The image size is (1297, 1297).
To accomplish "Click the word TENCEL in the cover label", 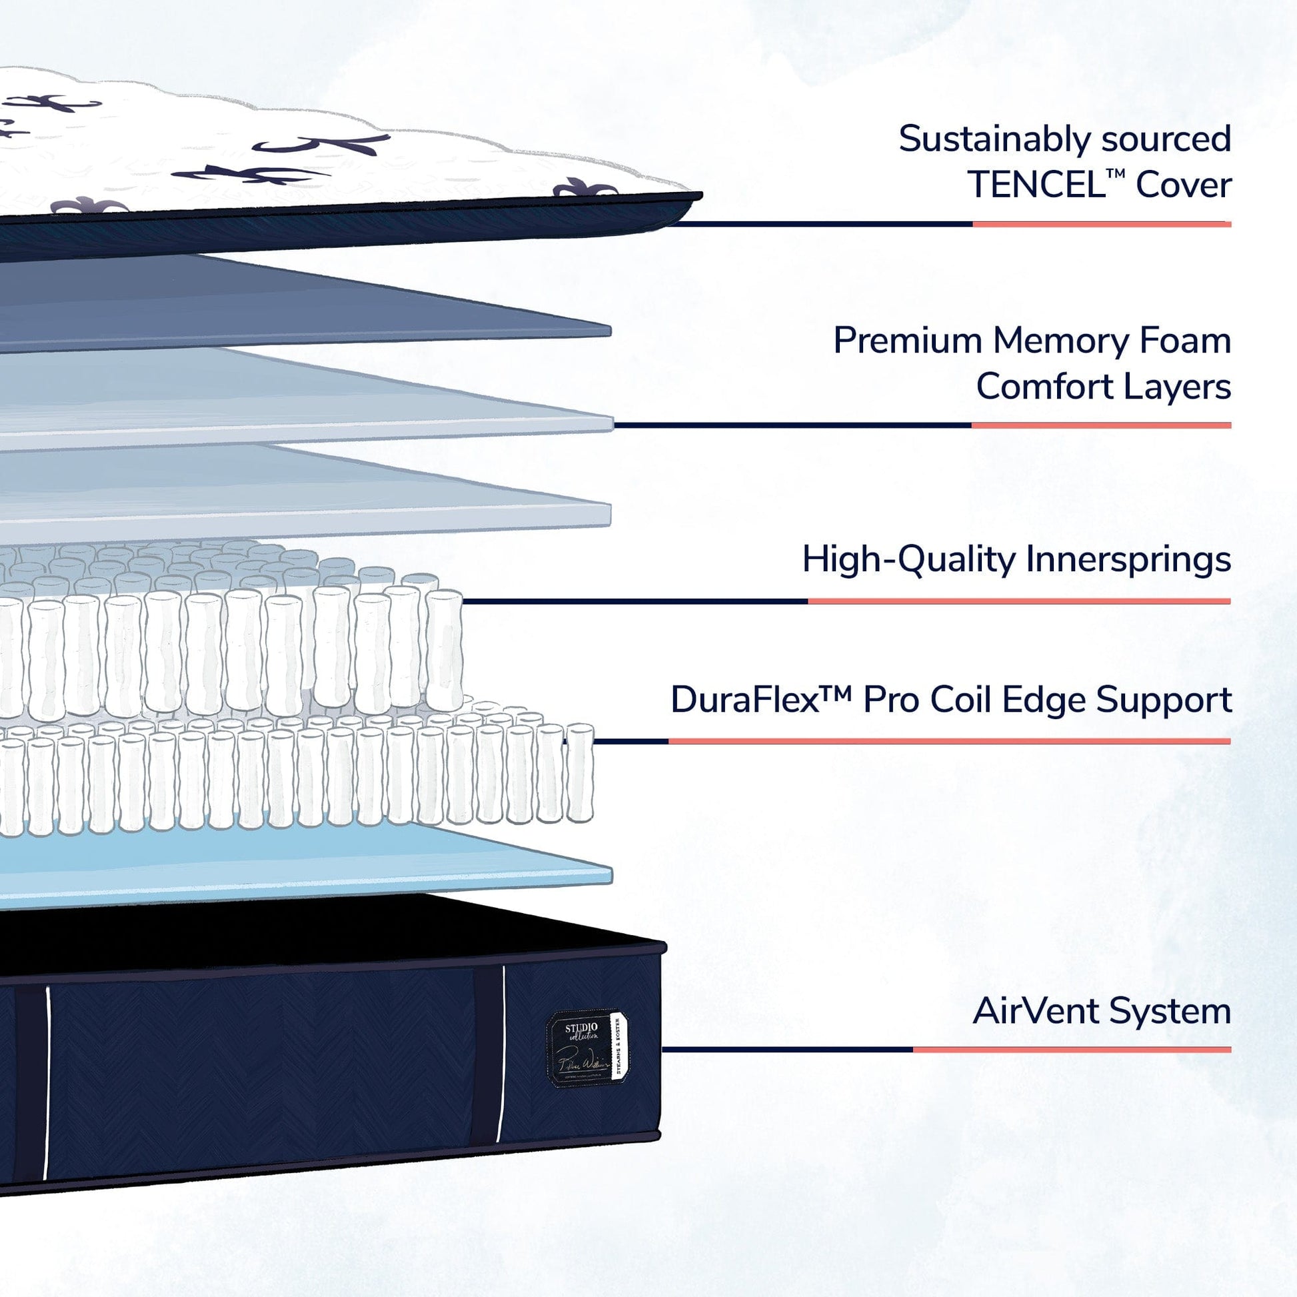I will [1036, 185].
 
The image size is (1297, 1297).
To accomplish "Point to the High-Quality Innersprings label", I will [1016, 559].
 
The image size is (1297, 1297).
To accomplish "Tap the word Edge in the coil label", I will [1044, 700].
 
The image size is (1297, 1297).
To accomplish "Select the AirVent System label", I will [1101, 1011].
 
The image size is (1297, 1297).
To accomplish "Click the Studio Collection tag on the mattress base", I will [587, 1048].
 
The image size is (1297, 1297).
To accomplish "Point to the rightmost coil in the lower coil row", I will [579, 772].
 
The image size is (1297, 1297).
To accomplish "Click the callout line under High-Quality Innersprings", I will [846, 601].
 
